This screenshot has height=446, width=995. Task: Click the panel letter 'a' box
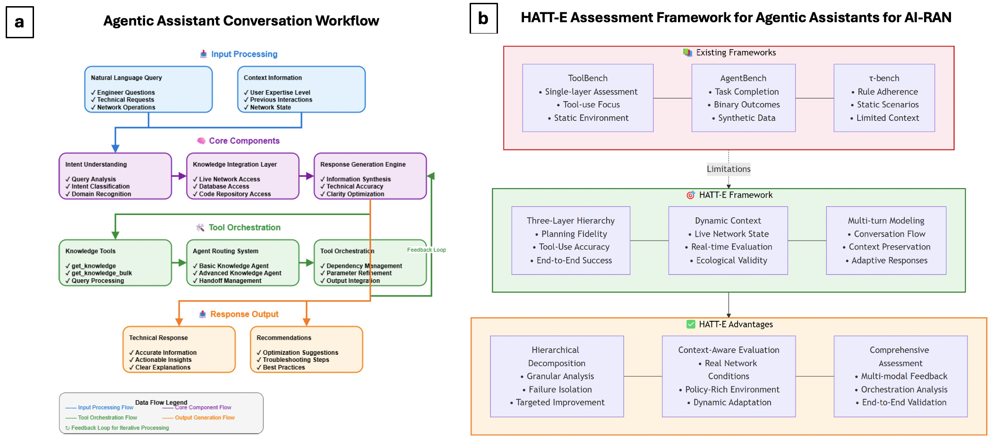19,22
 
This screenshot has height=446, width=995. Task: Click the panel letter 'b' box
483,18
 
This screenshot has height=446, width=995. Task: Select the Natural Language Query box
148,89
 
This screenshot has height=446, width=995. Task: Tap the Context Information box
301,89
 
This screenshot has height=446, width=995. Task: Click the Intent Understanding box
115,176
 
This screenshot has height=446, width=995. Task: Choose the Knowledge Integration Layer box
242,176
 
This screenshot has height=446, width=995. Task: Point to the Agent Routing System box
242,263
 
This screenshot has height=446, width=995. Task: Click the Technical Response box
179,350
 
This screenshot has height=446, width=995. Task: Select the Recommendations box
306,350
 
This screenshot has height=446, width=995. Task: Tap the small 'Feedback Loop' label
426,250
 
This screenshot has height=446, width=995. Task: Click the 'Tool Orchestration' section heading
244,228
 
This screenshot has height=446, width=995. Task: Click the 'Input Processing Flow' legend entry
105,407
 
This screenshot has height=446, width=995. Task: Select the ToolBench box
587,98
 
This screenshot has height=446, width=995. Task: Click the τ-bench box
884,98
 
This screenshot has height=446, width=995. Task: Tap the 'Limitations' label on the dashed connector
728,169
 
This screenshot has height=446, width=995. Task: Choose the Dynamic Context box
728,240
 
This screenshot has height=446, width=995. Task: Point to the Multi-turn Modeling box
886,240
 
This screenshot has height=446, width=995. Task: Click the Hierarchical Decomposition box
557,376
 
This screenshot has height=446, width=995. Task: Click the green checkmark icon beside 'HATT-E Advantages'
691,324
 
